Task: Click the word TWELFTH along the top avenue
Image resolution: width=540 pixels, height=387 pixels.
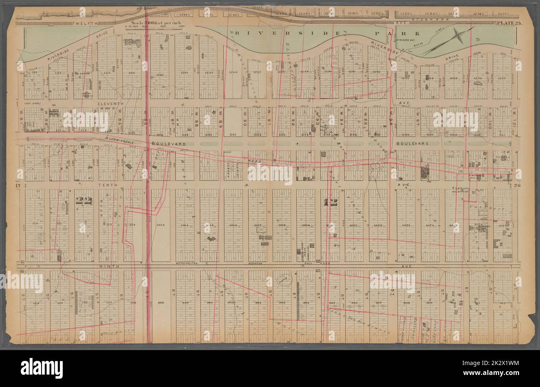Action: coord(86,24)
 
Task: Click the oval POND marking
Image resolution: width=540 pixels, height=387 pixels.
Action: coord(286,281)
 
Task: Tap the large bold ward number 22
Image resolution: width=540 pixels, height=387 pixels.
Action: coord(83,201)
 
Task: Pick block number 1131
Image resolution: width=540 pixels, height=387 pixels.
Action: coord(233,134)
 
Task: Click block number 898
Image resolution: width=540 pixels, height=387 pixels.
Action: coord(161,302)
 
